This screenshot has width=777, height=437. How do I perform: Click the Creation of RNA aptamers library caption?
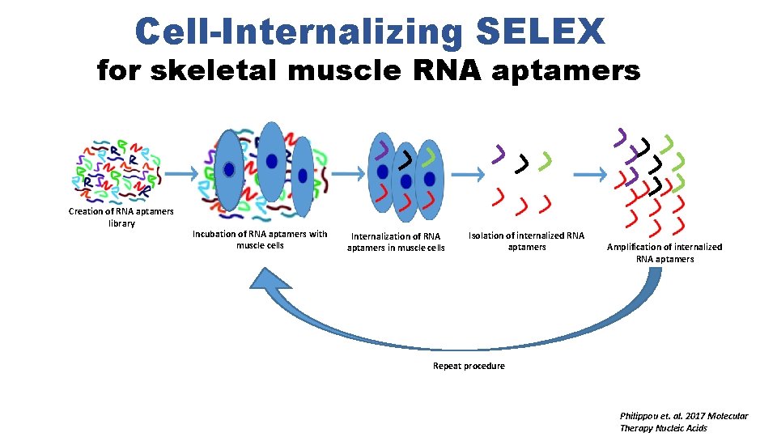(121, 217)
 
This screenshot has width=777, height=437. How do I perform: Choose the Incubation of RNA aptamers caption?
(260, 240)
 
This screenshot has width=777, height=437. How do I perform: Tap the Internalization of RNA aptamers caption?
(396, 242)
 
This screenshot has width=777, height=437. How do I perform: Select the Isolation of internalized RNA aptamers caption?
(526, 241)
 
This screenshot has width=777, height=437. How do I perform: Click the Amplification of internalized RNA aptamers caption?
(664, 252)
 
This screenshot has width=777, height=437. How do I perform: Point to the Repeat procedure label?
(469, 366)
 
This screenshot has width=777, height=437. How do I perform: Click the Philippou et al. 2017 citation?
(683, 422)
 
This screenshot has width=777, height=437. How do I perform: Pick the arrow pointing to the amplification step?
(589, 174)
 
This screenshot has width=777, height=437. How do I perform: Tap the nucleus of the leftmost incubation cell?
(230, 169)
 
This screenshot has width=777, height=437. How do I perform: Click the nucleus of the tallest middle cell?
(272, 162)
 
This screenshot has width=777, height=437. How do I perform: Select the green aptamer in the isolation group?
(548, 159)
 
